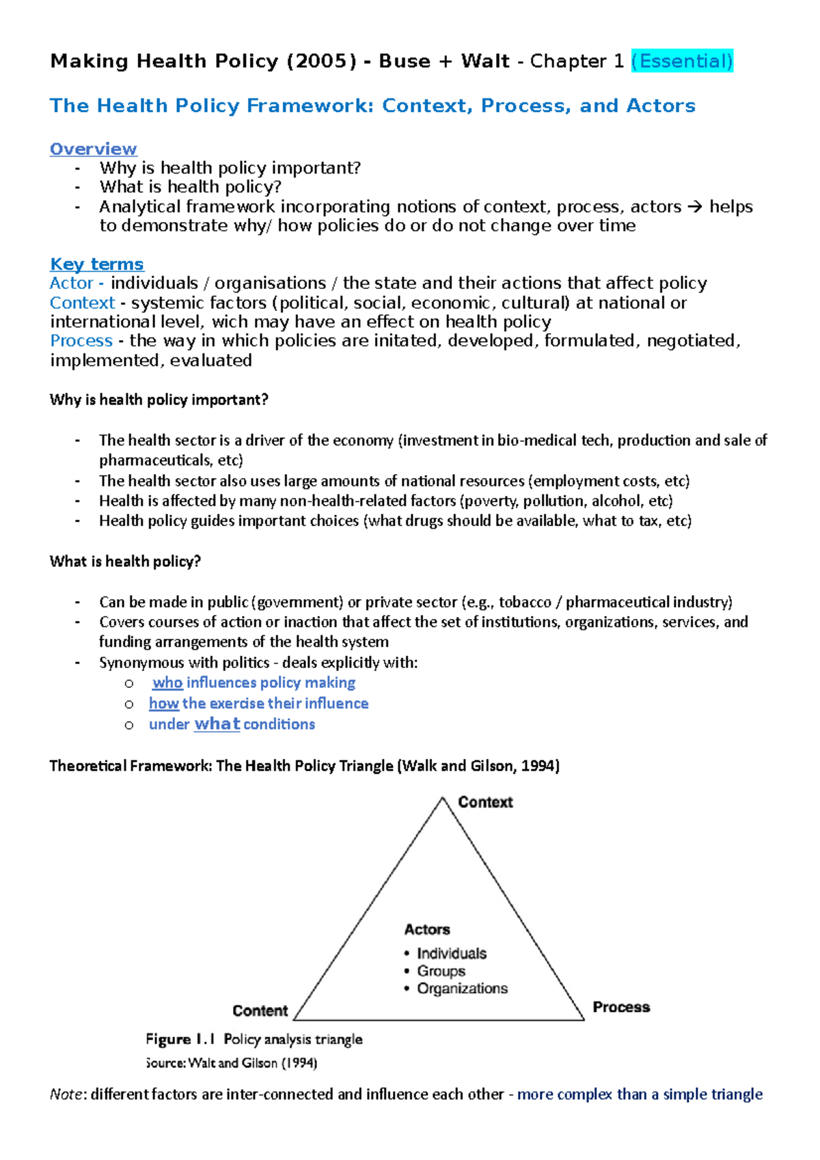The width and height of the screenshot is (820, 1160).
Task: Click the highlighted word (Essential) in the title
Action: coord(681,61)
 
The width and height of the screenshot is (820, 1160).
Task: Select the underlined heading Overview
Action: coord(94,149)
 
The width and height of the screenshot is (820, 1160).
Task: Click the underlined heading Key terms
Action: coord(97,264)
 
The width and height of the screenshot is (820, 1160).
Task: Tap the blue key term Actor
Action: coord(71,284)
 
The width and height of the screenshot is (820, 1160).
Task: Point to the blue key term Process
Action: coord(81,341)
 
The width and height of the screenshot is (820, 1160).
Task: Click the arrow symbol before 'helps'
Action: coord(694,207)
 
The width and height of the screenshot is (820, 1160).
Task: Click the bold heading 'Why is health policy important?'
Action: coord(159,400)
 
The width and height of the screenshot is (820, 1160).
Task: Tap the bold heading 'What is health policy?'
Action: coord(125,562)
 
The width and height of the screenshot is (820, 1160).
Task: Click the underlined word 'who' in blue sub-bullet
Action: coord(167,682)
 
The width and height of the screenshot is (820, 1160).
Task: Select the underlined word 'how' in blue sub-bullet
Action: coord(164,704)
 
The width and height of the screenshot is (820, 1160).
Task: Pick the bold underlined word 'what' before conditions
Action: coord(217,724)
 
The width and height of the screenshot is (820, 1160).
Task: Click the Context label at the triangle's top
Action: coord(485,802)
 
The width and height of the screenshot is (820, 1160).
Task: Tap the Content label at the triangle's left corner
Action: coord(260,1010)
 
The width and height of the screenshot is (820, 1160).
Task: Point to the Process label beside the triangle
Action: coord(621,1007)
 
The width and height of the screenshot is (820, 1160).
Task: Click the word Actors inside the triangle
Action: coord(427,929)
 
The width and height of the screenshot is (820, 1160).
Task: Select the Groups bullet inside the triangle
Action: coord(441,971)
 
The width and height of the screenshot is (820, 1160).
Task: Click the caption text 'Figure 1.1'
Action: coord(180,1039)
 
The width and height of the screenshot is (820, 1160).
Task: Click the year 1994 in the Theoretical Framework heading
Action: coord(538,766)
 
